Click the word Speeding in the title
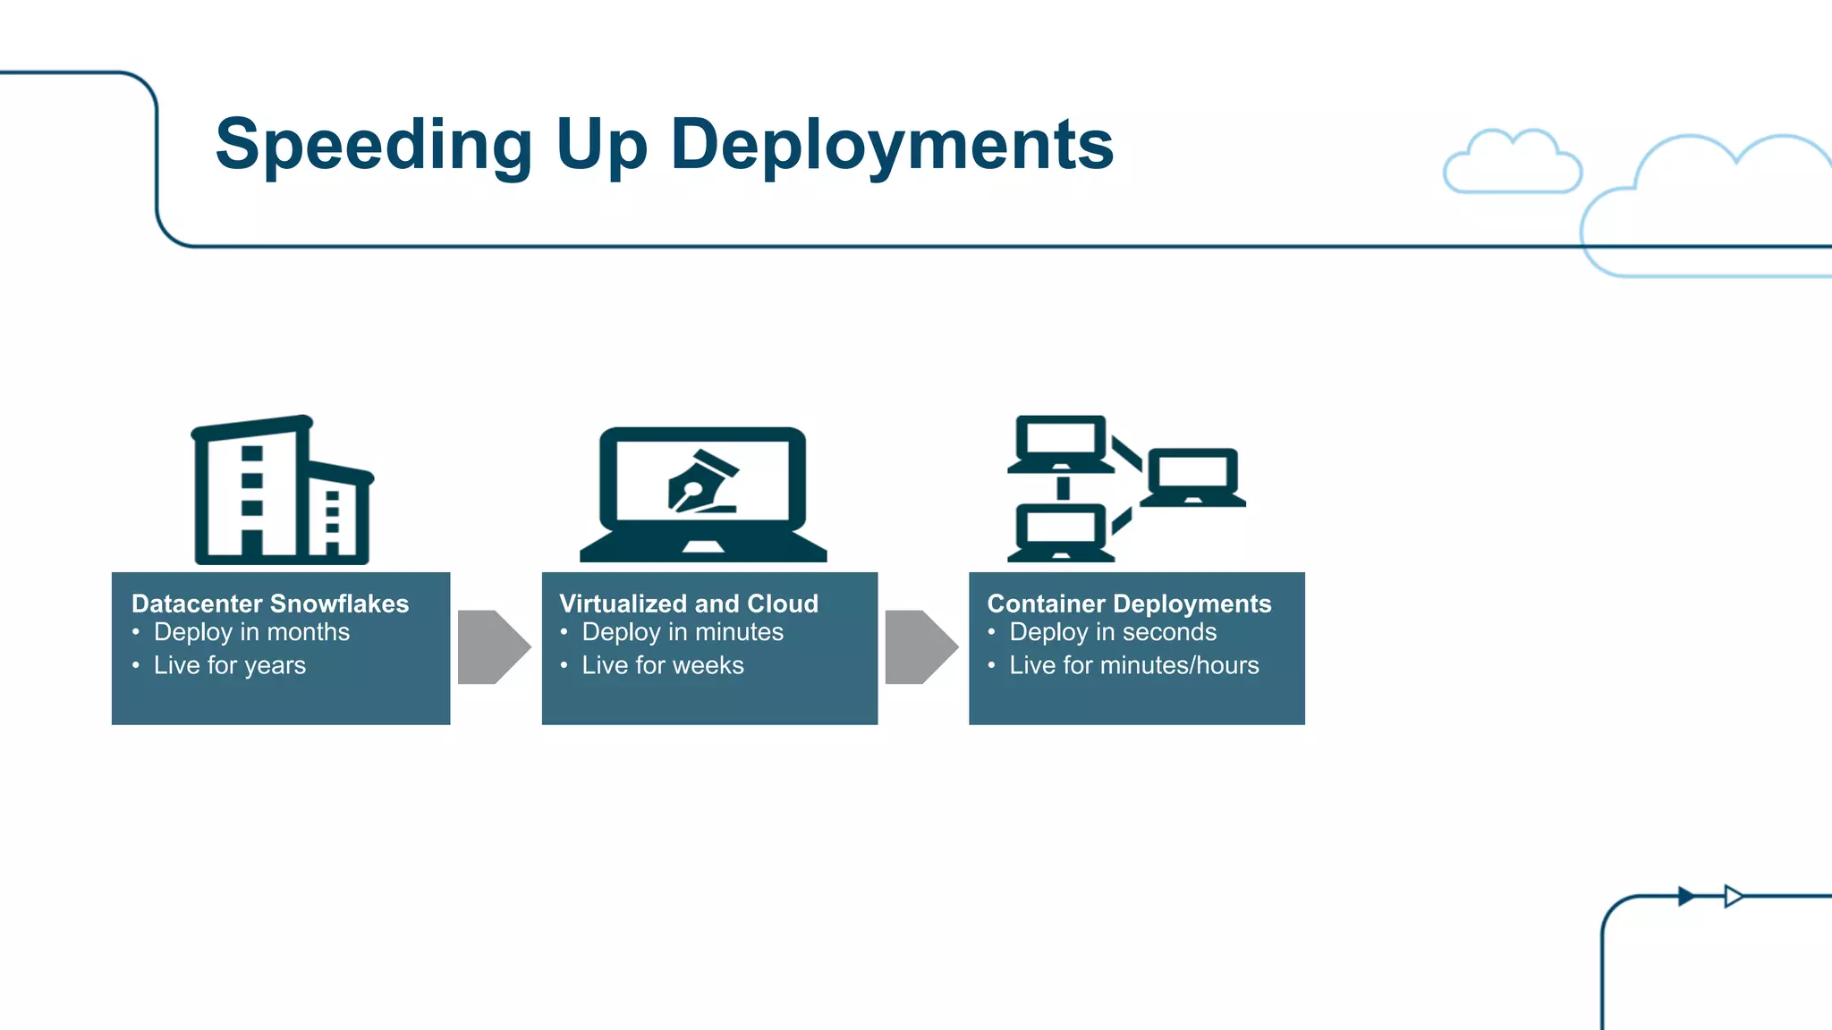tap(374, 145)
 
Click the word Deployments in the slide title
tap(892, 145)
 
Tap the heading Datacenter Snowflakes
tap(270, 604)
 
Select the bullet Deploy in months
tap(251, 632)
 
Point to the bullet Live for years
tap(230, 665)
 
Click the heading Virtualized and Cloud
tap(689, 604)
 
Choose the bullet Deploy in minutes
tap(683, 632)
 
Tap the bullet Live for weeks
tap(663, 665)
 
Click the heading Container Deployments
tap(1129, 604)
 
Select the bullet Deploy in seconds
tap(1113, 632)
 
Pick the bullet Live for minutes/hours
tap(1134, 665)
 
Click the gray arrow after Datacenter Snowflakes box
tap(493, 647)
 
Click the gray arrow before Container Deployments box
tap(920, 647)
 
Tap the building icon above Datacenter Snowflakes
tap(281, 491)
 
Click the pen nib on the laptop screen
tap(703, 483)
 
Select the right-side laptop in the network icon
tap(1192, 477)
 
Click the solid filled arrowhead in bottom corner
tap(1686, 896)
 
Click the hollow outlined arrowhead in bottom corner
tap(1733, 896)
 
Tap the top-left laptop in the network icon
tap(1061, 443)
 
